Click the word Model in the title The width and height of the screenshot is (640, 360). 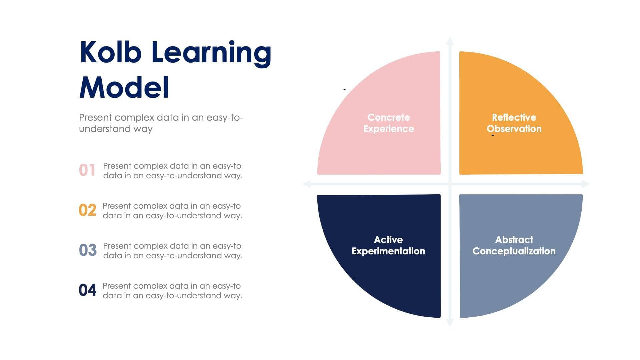[x=124, y=87]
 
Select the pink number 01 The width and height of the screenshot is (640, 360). [x=87, y=170]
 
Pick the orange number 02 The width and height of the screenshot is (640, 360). [x=87, y=210]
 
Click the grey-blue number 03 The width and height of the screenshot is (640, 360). [x=88, y=250]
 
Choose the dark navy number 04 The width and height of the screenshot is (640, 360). [x=87, y=290]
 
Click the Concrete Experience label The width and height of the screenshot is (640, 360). [x=388, y=123]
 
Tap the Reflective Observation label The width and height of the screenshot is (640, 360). [x=514, y=123]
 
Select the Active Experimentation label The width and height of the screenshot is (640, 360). [x=388, y=245]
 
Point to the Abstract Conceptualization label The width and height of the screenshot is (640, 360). [x=514, y=245]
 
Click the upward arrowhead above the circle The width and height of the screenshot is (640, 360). [x=450, y=41]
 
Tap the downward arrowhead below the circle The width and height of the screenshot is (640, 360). [x=450, y=323]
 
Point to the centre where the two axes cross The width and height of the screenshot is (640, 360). [x=450, y=184]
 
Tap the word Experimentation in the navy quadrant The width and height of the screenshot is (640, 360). [x=388, y=251]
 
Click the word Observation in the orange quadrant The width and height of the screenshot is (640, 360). [x=514, y=129]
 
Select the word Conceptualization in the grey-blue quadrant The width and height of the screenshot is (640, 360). [x=514, y=251]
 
